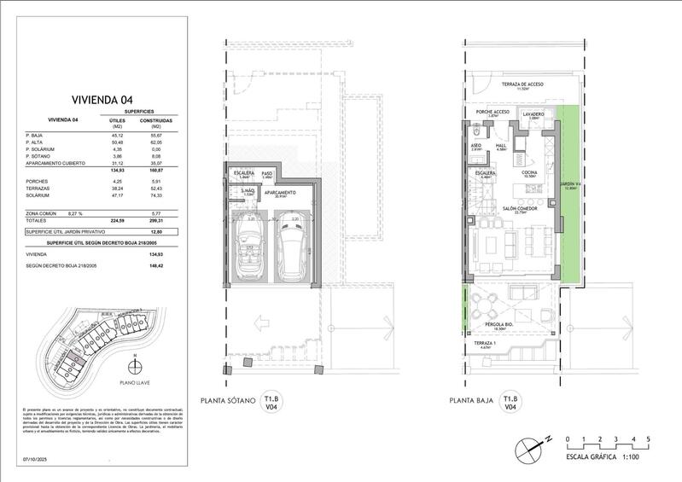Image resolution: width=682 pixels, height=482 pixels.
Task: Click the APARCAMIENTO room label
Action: point(279,193)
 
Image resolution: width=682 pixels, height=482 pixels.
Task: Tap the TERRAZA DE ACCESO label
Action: point(522,84)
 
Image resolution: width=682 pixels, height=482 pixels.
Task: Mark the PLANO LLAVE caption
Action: point(136,382)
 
